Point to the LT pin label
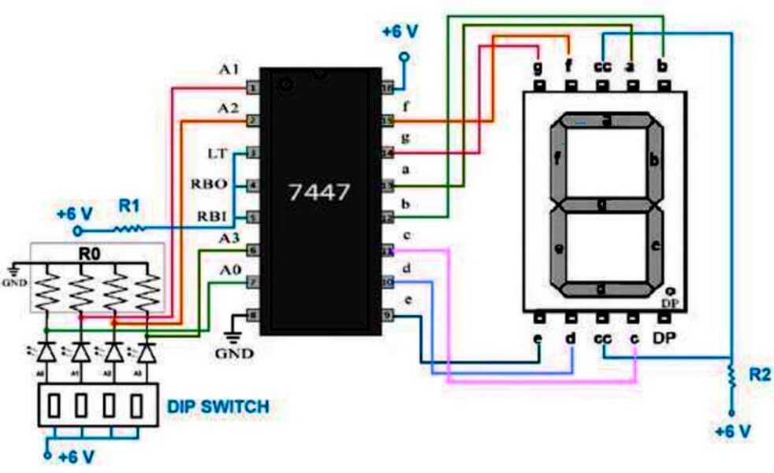(x=217, y=152)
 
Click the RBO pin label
(x=209, y=184)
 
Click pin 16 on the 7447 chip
(x=387, y=88)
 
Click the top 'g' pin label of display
(x=538, y=66)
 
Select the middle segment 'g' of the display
(x=602, y=204)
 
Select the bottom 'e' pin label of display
(x=538, y=339)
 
